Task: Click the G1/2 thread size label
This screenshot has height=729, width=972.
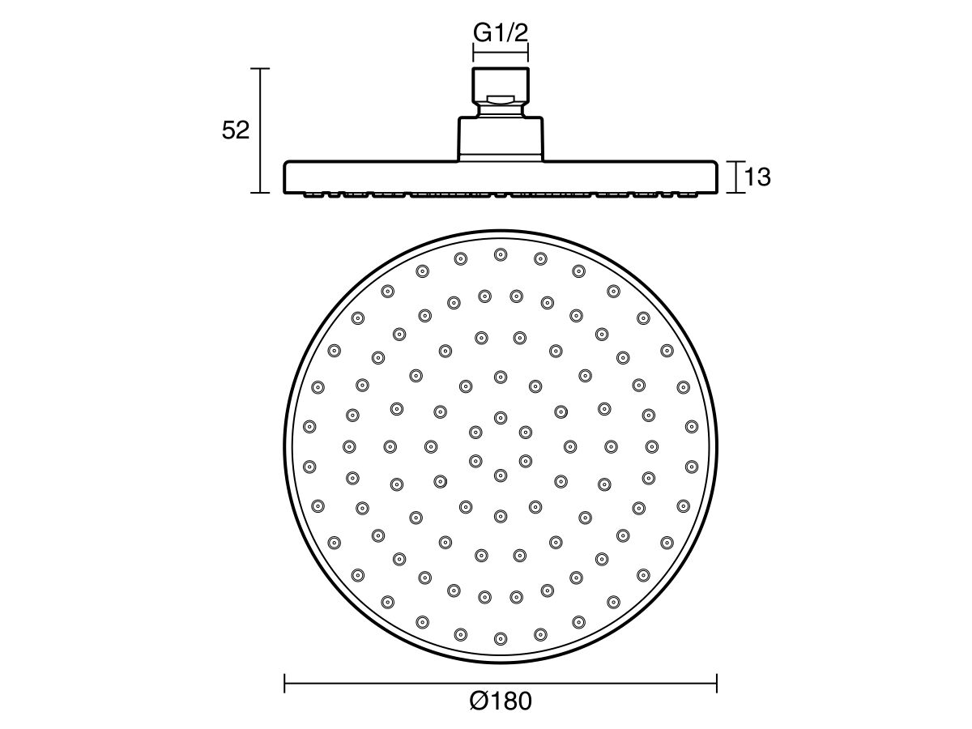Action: pos(500,34)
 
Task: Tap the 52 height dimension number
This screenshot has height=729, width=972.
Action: pos(236,130)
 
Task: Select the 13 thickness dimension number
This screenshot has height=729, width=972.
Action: pos(757,177)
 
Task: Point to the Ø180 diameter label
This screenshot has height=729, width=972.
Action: pos(501,701)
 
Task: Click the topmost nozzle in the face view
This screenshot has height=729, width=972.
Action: pos(501,254)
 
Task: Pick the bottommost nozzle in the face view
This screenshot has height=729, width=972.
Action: pos(501,638)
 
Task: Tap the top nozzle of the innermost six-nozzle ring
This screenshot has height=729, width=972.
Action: pos(501,417)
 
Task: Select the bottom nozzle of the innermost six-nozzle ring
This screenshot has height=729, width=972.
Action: pos(501,475)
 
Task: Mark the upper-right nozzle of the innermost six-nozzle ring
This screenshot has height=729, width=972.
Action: pos(526,432)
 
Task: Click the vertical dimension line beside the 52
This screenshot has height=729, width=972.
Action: pos(259,130)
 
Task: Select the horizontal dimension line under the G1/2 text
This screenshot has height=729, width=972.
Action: pos(500,54)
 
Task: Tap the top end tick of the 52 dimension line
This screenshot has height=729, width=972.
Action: pos(259,69)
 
